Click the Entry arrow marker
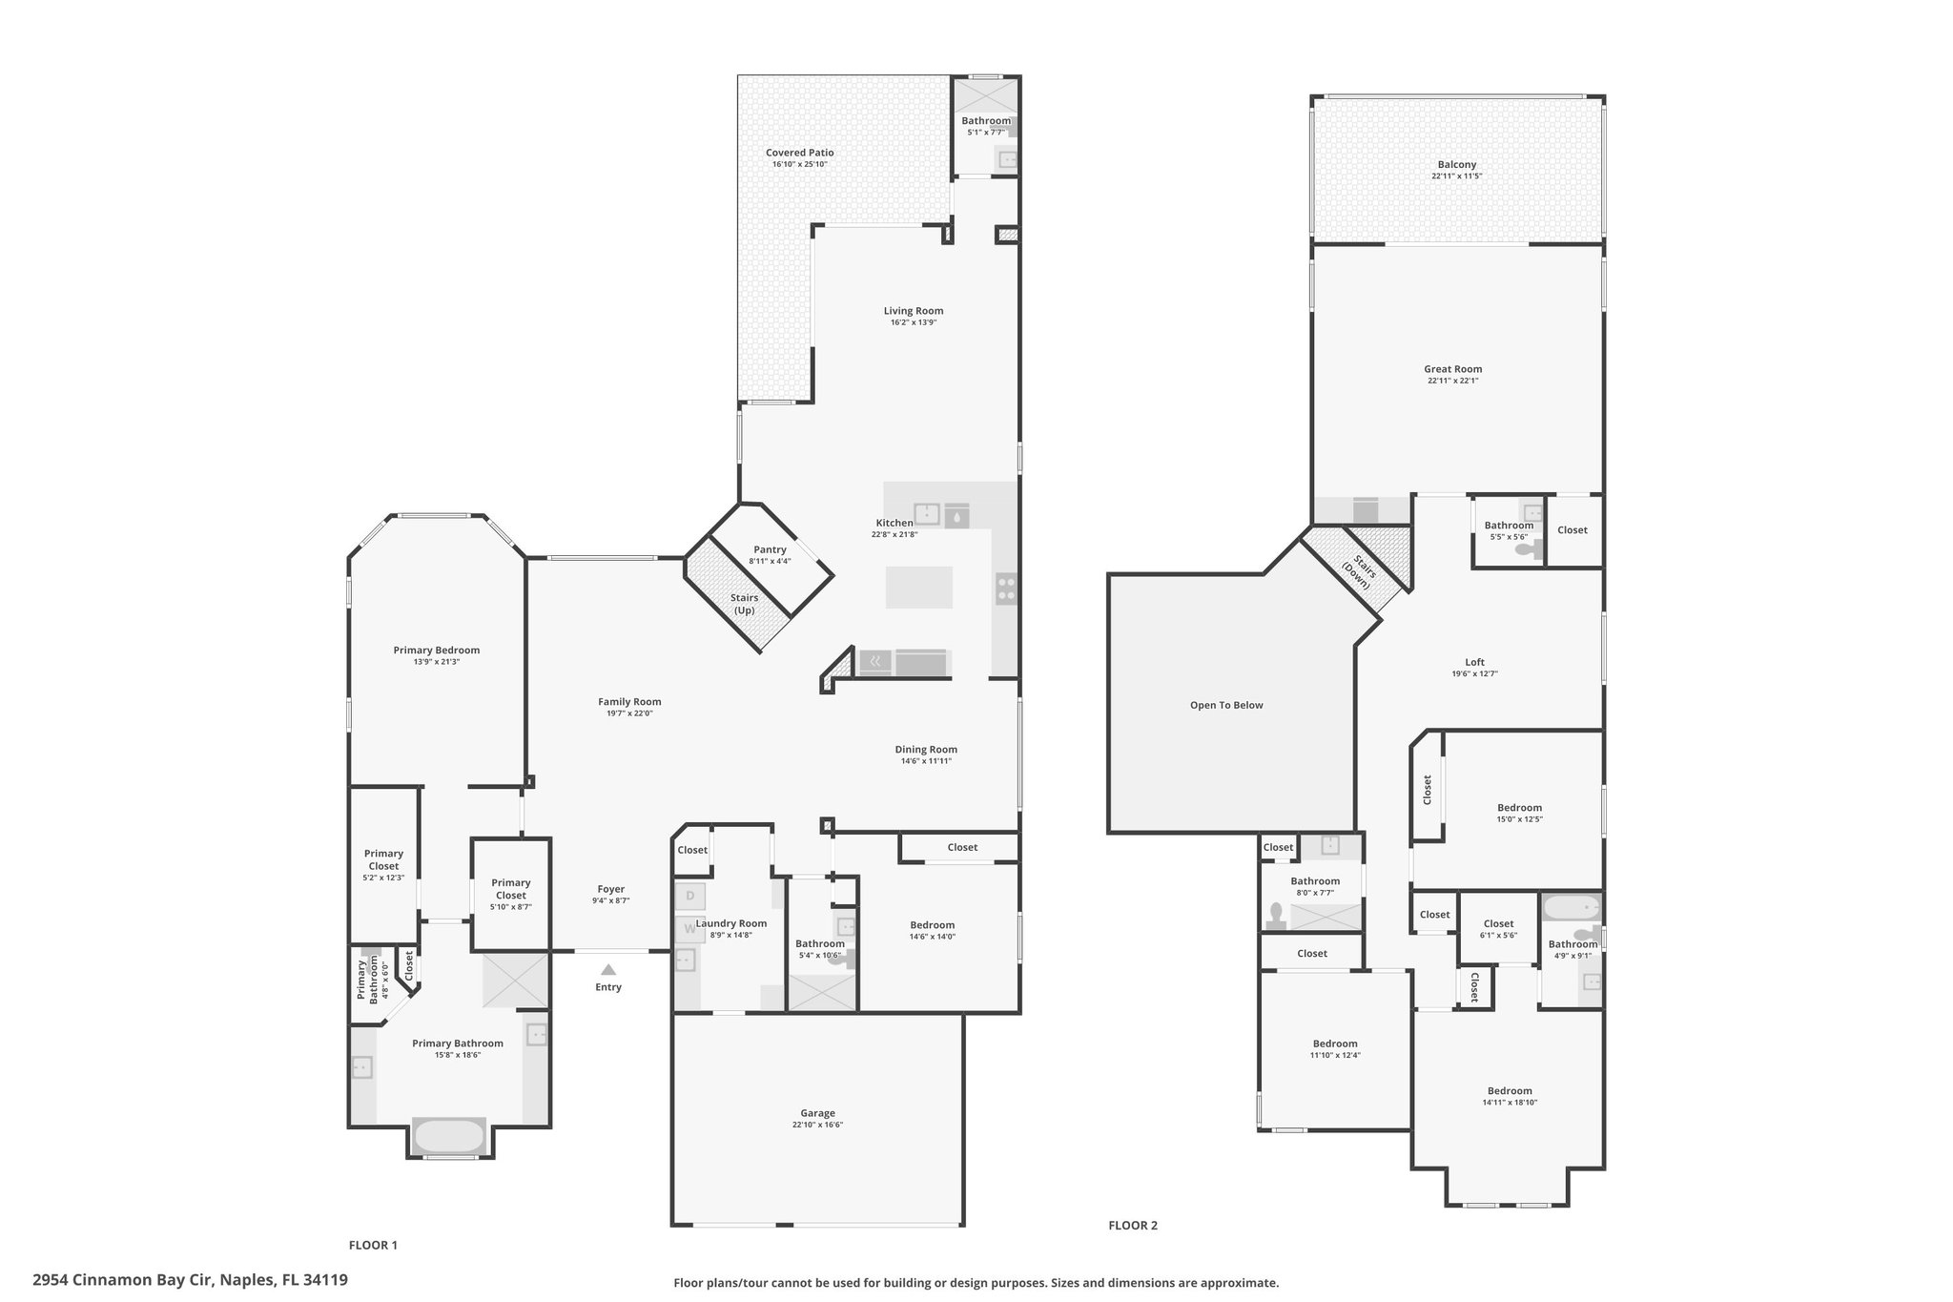(608, 969)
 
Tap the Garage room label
(818, 1113)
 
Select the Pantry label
(771, 549)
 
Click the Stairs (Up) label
(745, 604)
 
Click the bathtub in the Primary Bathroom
(449, 1136)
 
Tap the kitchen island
(919, 588)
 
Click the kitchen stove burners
(1006, 589)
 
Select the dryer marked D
(689, 897)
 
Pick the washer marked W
(689, 928)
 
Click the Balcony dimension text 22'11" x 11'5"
(1457, 176)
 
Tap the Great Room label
(1453, 369)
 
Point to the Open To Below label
(1226, 706)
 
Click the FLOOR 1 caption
(373, 1245)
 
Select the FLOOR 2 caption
(1133, 1226)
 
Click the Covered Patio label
(800, 153)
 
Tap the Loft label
(1475, 662)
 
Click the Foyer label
(611, 889)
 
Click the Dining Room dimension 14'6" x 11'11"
(927, 761)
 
